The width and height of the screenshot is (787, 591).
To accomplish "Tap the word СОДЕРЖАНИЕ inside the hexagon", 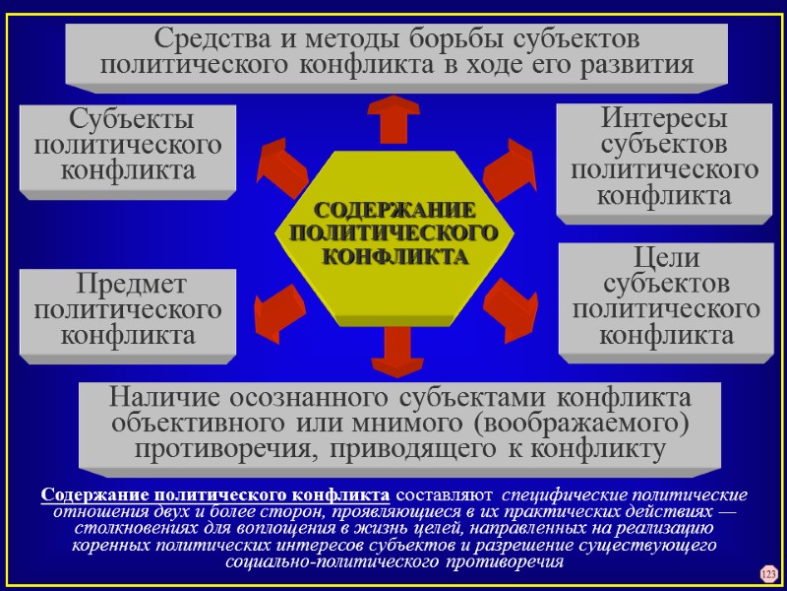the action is [x=394, y=212].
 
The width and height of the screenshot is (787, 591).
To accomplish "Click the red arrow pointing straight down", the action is [x=396, y=350].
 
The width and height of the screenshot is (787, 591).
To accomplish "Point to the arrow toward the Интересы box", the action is [x=509, y=165].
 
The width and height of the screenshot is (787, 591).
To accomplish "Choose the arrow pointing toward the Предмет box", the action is [x=280, y=308].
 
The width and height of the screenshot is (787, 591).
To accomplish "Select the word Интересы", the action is [x=664, y=120].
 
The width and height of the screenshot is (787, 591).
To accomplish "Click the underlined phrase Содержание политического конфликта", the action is [x=215, y=493].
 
